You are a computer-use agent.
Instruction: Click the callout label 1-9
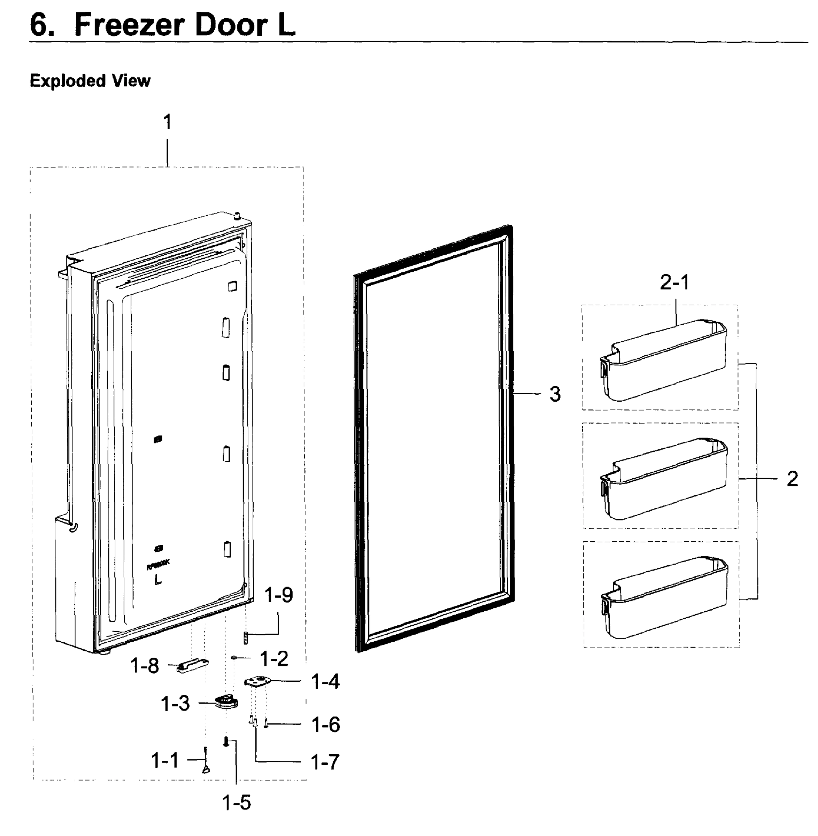click(x=279, y=595)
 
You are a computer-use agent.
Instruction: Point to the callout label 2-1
click(x=674, y=282)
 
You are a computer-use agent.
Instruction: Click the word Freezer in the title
click(x=129, y=25)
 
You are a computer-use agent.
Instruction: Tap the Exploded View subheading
click(x=90, y=81)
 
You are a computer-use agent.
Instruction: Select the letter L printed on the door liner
click(x=158, y=580)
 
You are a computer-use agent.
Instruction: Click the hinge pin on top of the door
click(x=236, y=216)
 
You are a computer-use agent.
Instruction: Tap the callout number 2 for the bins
click(x=792, y=479)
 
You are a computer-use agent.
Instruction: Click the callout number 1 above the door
click(x=168, y=122)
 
